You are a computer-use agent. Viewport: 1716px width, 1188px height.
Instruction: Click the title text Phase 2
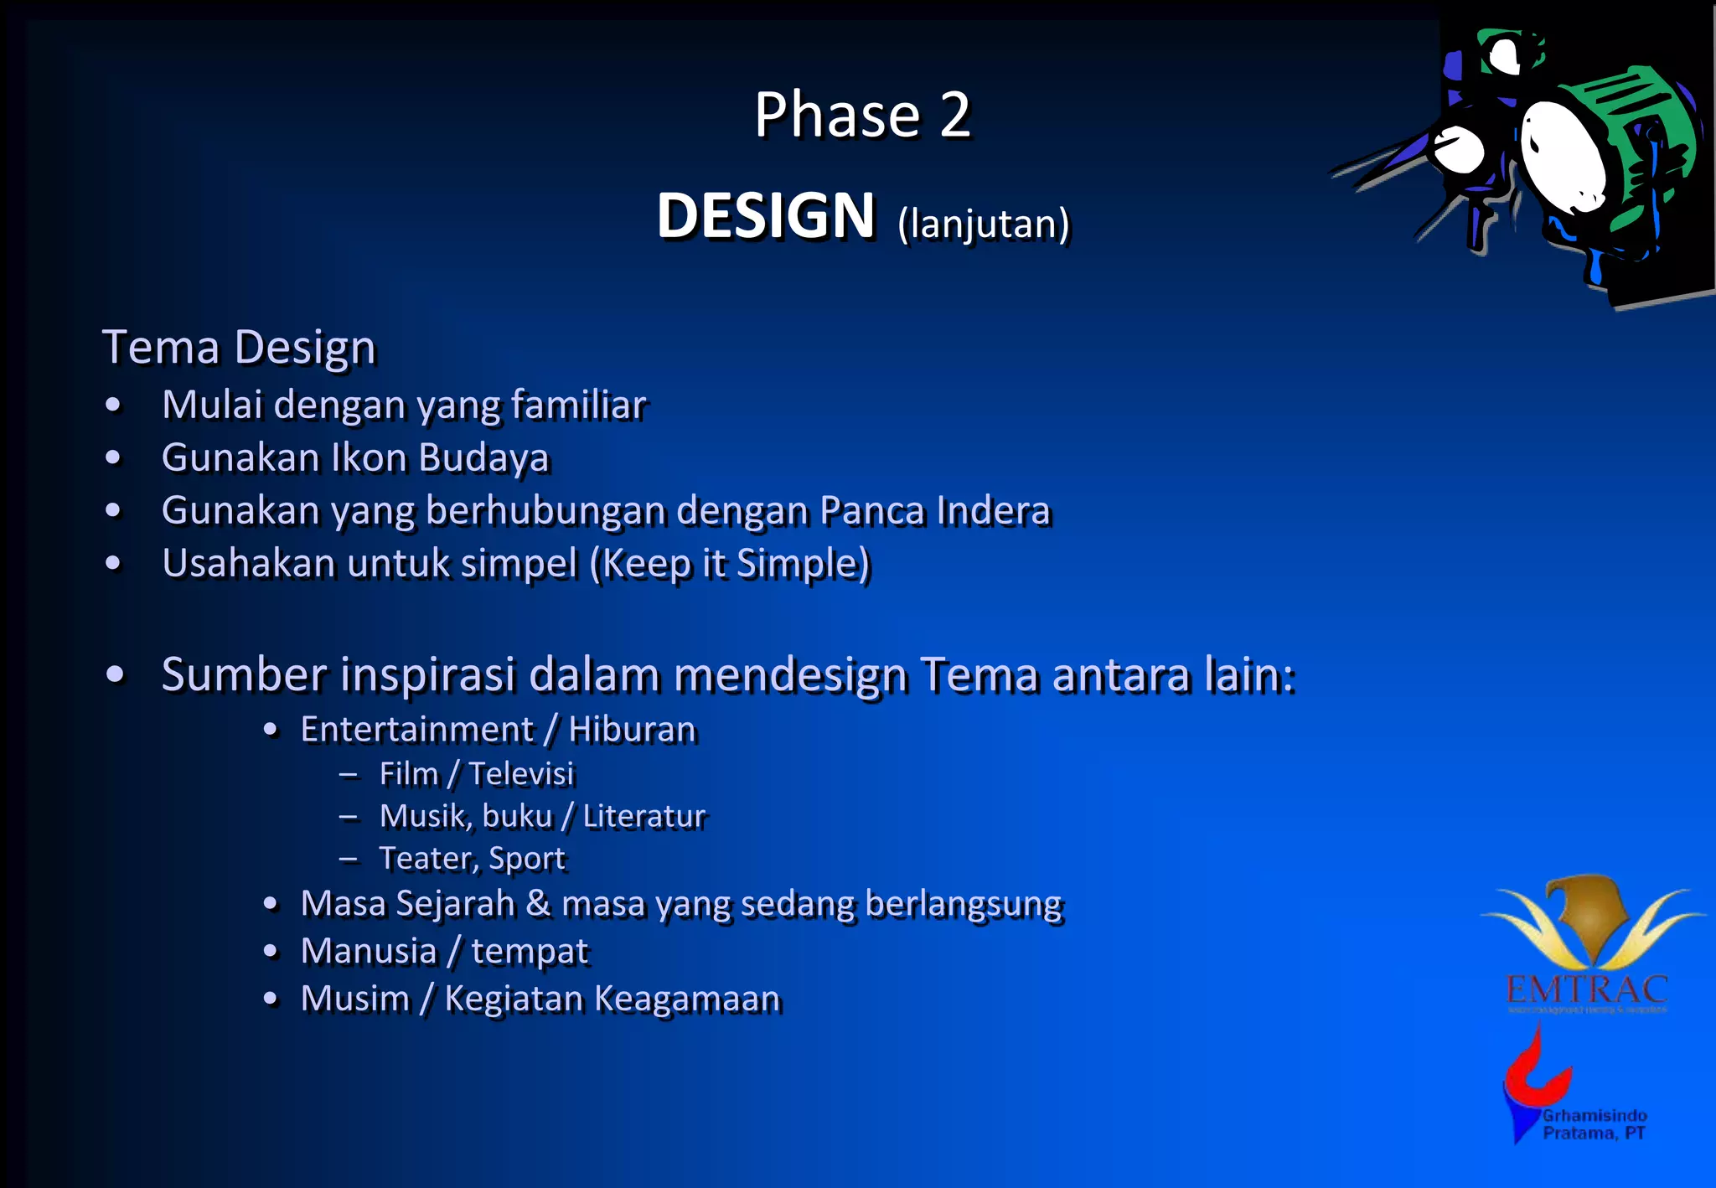coord(861,115)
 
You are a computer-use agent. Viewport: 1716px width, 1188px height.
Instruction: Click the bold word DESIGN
coord(765,216)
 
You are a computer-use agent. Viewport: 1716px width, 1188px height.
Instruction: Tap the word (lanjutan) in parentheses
coord(983,225)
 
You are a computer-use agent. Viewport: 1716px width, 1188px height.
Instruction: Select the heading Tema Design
coord(239,348)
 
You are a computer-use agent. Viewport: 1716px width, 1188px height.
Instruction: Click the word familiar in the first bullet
coord(578,405)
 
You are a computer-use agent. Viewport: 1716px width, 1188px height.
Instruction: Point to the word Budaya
coord(483,458)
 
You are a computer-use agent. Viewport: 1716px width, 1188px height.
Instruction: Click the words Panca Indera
coord(934,511)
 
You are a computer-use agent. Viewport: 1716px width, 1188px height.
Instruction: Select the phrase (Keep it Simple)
coord(730,564)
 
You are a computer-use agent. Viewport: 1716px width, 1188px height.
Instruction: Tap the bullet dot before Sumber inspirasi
coord(116,674)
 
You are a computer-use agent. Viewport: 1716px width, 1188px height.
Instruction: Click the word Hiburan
coord(632,730)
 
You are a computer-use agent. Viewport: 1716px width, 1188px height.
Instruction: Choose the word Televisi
coord(521,774)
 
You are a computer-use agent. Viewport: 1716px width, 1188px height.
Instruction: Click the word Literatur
coord(643,817)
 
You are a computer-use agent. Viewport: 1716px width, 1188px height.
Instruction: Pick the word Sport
coord(527,859)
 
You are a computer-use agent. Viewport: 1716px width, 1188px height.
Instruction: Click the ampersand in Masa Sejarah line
coord(538,904)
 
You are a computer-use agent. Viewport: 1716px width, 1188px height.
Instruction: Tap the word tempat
coord(530,952)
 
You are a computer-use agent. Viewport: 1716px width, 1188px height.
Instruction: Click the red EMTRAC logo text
coord(1586,990)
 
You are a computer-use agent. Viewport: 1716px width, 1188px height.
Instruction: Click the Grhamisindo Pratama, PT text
coord(1594,1124)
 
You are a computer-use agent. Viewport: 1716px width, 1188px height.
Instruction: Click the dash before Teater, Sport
coord(349,859)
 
